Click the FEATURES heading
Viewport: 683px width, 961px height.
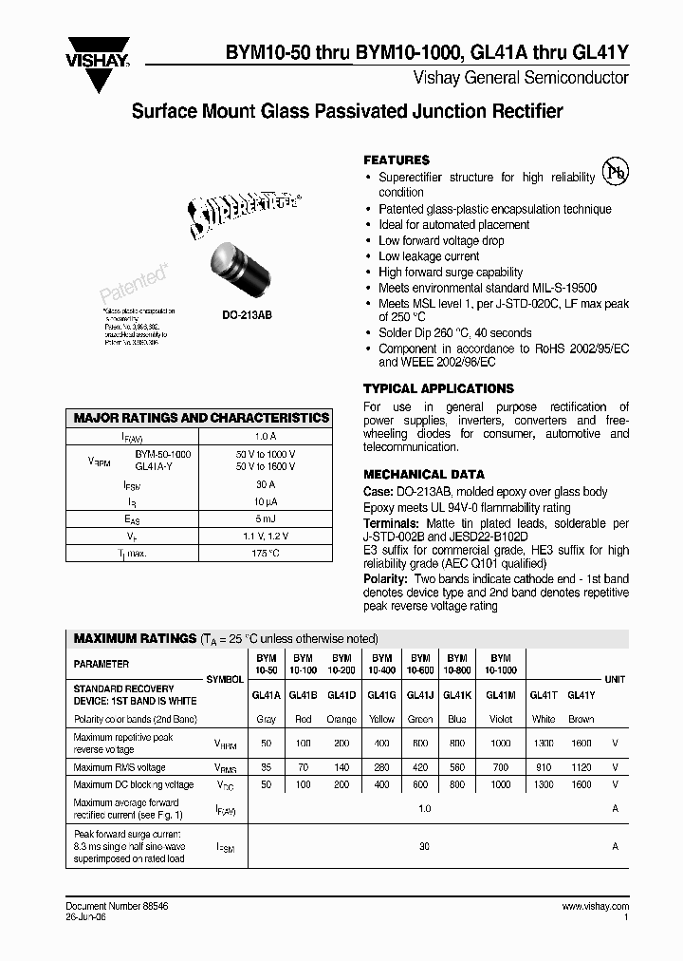point(397,160)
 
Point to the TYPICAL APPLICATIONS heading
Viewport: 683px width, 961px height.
point(438,388)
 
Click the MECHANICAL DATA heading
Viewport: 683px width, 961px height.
point(424,474)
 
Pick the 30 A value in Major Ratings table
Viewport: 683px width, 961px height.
point(266,483)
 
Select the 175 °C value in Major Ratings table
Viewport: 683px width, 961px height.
point(266,552)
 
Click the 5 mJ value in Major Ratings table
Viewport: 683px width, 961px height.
point(266,518)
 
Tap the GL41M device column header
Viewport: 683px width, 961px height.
point(501,695)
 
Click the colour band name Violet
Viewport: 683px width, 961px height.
point(501,719)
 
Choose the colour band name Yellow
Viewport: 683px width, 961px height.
point(381,719)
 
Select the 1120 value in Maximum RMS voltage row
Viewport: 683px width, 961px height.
point(581,767)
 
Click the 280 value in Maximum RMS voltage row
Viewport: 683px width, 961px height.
point(381,767)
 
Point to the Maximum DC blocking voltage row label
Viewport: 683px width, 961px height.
point(133,784)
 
